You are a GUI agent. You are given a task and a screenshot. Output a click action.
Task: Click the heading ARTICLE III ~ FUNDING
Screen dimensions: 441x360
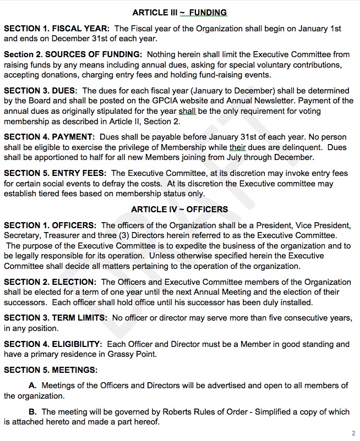179,12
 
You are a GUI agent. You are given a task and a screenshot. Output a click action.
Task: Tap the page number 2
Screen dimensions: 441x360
353,433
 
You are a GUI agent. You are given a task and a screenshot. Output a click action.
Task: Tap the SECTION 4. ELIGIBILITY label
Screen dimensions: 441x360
53,344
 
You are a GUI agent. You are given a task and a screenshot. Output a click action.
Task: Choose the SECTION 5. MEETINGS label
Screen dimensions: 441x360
51,370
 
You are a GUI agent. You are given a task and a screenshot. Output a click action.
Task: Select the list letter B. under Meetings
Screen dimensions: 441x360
32,411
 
